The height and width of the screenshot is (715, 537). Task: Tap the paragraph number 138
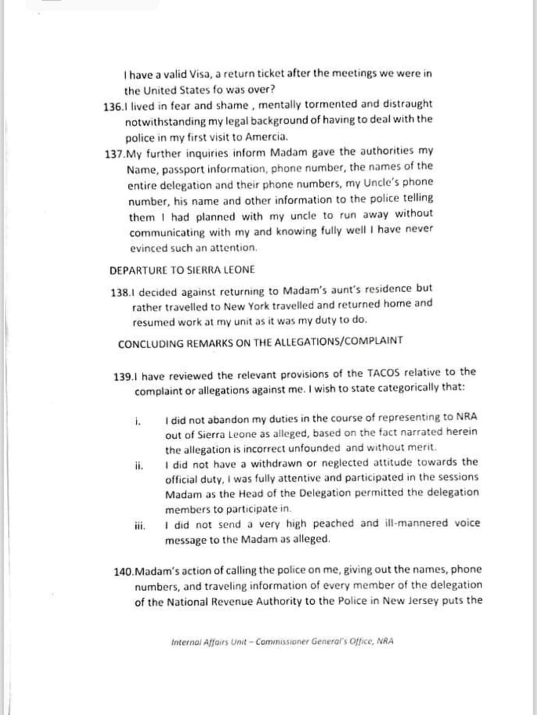pyautogui.click(x=119, y=292)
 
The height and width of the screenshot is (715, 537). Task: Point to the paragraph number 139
pyautogui.click(x=122, y=377)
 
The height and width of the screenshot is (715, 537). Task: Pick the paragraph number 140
pyautogui.click(x=123, y=572)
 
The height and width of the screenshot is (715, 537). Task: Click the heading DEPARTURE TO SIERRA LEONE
pyautogui.click(x=182, y=270)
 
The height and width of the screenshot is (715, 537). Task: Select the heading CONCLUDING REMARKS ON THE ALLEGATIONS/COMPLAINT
pyautogui.click(x=261, y=342)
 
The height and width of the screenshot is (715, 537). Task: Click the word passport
pyautogui.click(x=183, y=169)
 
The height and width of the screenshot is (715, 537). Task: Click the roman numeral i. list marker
pyautogui.click(x=138, y=422)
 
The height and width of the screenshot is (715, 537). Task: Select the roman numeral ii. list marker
pyautogui.click(x=139, y=466)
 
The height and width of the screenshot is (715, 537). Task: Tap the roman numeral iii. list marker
pyautogui.click(x=140, y=526)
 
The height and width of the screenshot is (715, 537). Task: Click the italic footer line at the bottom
pyautogui.click(x=282, y=641)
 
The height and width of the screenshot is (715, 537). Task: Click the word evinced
pyautogui.click(x=148, y=248)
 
